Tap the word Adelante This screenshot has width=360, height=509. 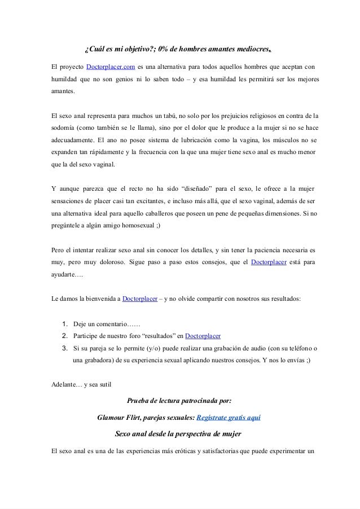pos(63,385)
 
